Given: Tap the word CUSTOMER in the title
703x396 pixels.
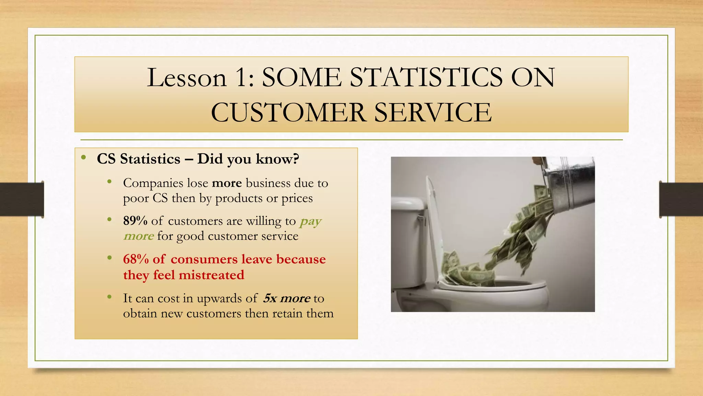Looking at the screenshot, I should [x=288, y=113].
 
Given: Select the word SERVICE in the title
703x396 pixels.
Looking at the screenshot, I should [x=433, y=113].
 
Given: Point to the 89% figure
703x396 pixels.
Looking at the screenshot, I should [x=135, y=221].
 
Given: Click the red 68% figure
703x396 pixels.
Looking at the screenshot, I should [x=136, y=260].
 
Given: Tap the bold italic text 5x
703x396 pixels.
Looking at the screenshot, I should [x=270, y=298].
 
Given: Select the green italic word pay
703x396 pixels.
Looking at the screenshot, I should [x=311, y=222].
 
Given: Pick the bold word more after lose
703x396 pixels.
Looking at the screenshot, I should [x=227, y=183].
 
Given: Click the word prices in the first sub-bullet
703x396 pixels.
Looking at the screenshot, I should [x=297, y=199].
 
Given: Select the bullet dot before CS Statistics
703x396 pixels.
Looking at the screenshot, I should [x=83, y=158].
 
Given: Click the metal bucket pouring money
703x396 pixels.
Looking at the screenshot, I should [x=570, y=182].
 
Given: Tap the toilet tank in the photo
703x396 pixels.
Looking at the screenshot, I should [x=408, y=241].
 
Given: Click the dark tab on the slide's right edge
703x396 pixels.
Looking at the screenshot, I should [x=681, y=199].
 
